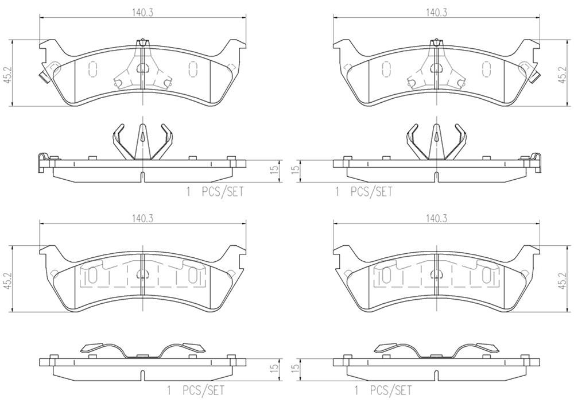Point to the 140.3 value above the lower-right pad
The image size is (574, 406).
pos(436,218)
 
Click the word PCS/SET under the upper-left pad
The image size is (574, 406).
pos(222,192)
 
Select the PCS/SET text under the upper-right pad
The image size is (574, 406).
pos(371,192)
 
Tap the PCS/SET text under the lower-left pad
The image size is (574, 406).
pos(204,391)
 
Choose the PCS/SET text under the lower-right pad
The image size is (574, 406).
pos(391,391)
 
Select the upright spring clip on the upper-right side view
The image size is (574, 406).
pos(436,141)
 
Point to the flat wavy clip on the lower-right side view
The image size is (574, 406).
pos(436,351)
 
